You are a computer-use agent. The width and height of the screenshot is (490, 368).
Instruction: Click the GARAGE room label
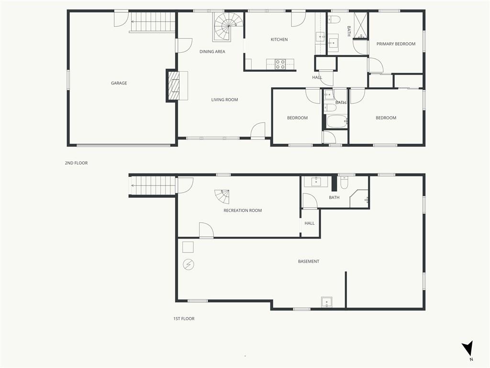tap(119, 83)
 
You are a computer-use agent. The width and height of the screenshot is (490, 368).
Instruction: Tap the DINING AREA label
tap(212, 52)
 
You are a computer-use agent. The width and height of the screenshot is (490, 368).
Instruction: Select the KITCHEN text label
tap(279, 39)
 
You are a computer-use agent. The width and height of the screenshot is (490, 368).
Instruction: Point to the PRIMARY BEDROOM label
tap(396, 44)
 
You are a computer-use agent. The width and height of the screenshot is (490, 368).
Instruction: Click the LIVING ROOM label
tap(224, 100)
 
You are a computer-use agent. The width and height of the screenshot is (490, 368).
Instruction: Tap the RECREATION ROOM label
tap(243, 211)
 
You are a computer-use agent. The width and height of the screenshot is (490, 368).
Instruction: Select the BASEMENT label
tap(309, 261)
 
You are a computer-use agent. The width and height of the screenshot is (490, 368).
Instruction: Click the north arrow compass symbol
tap(468, 349)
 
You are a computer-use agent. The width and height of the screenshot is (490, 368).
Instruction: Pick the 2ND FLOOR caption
tap(76, 163)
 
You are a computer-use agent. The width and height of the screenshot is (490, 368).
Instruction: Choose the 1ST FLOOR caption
tap(184, 319)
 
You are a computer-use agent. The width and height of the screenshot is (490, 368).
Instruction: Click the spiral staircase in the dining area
tap(228, 27)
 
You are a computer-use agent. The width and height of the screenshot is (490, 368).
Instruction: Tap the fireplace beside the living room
tap(177, 85)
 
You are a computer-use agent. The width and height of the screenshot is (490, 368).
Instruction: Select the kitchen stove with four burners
tap(280, 64)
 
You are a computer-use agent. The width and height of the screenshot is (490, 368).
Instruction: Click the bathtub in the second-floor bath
tap(337, 121)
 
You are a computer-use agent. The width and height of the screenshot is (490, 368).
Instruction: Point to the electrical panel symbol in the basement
tap(189, 264)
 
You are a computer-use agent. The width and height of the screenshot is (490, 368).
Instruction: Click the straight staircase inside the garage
tap(152, 22)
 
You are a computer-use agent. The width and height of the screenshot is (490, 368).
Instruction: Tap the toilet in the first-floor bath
tap(344, 183)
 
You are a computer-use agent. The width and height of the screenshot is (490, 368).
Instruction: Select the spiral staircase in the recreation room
tap(222, 196)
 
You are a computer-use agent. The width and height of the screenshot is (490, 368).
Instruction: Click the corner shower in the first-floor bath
tap(359, 199)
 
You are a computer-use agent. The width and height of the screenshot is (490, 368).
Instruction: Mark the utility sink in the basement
tap(327, 302)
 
